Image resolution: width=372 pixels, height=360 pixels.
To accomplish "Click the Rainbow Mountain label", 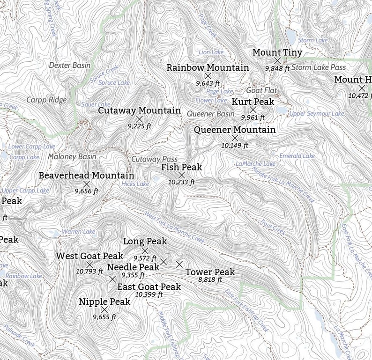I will click(x=208, y=68).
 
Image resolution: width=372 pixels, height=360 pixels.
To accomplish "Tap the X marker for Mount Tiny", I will click(x=277, y=60).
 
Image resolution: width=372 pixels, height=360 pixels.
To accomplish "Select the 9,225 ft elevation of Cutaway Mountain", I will click(x=140, y=126).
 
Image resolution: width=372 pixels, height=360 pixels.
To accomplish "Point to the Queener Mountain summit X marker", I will click(x=235, y=138).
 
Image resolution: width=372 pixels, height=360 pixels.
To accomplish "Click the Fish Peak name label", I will click(x=182, y=167).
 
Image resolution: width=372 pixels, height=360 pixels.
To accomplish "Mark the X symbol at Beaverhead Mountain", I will click(x=86, y=184).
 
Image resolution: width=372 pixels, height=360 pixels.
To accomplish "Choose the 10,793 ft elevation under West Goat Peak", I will click(x=89, y=271).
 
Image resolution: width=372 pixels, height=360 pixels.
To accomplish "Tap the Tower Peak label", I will click(x=210, y=272).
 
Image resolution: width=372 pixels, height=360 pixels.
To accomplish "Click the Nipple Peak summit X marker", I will click(x=104, y=309).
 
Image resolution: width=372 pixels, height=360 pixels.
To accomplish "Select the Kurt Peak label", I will click(x=253, y=102).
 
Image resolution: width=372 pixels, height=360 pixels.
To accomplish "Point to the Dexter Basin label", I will click(x=70, y=66).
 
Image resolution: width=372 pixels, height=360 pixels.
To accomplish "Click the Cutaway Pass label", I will click(x=154, y=159).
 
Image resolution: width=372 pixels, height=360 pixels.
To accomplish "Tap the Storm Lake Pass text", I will click(x=319, y=68).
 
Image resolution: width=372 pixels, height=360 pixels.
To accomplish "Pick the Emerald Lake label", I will click(x=297, y=156).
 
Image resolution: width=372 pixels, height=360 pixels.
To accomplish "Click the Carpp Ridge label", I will click(x=46, y=100).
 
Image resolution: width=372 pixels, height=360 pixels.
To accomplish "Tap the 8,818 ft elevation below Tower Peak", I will click(x=210, y=280).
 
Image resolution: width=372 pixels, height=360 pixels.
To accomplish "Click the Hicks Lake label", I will click(x=135, y=184).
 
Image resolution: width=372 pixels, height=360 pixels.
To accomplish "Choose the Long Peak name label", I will click(x=145, y=242).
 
